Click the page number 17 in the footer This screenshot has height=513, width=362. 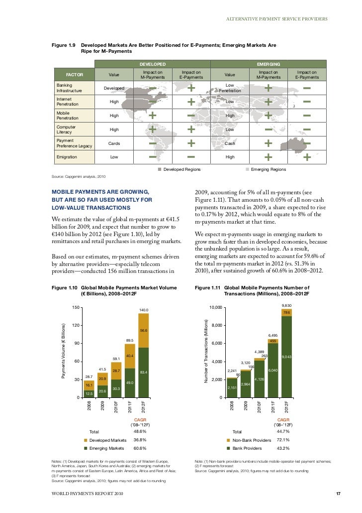(x=338, y=494)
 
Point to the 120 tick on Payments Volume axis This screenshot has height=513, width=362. (x=76, y=325)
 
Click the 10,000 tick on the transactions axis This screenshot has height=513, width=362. (x=217, y=307)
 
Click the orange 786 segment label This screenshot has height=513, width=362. (x=286, y=312)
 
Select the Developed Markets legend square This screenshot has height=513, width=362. (x=85, y=440)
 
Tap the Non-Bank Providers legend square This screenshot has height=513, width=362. (x=228, y=440)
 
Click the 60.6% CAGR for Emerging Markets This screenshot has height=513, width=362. (x=140, y=448)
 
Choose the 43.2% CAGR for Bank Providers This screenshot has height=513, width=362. (x=283, y=448)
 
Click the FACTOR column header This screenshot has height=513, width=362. (x=74, y=75)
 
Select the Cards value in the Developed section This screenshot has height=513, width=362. (x=114, y=143)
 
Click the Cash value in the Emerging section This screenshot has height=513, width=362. (x=230, y=143)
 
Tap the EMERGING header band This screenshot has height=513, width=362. (x=269, y=64)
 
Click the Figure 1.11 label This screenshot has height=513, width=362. (x=207, y=287)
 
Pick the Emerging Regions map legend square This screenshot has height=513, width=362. (x=247, y=170)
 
